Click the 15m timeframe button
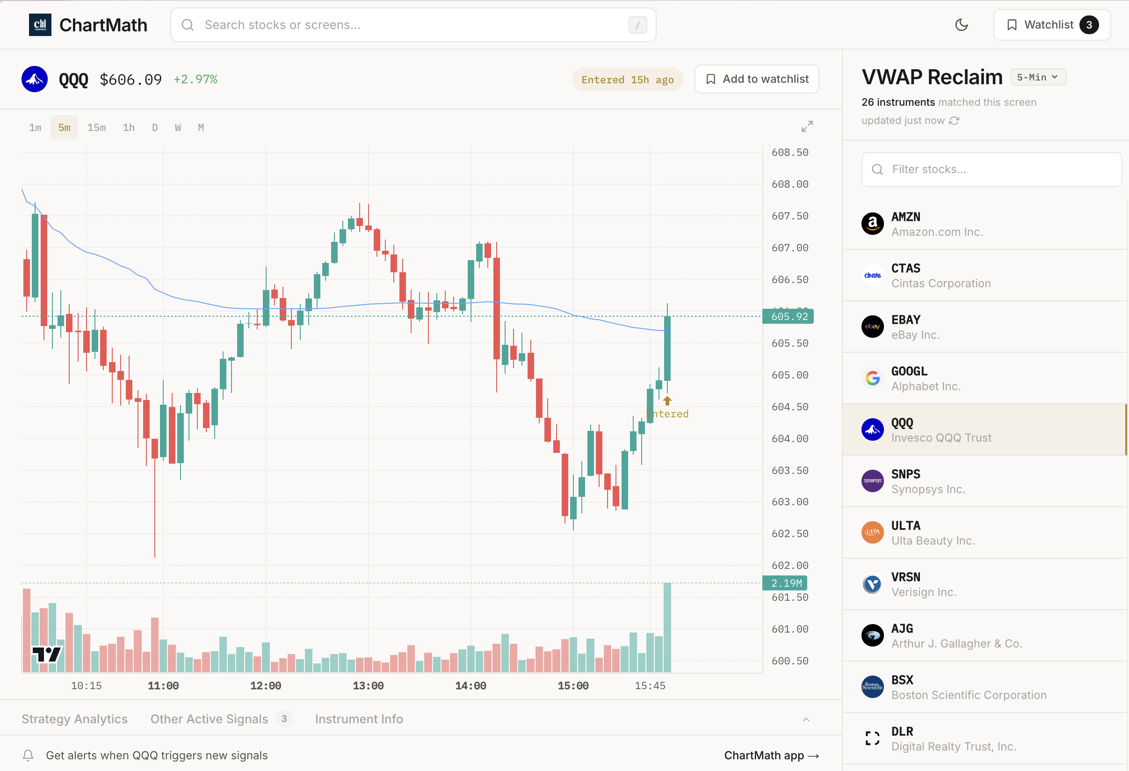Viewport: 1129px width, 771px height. [96, 128]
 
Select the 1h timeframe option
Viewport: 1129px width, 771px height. [129, 128]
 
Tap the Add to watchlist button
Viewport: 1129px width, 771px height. [756, 79]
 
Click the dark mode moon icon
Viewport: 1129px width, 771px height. [961, 25]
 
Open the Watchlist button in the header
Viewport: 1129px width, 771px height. [1051, 25]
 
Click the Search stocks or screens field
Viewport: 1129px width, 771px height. [413, 25]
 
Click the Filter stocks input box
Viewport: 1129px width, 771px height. [991, 169]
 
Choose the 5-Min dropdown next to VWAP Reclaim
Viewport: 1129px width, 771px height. [1038, 77]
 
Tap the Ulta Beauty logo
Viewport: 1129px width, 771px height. [872, 533]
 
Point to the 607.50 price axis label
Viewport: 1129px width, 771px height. [790, 216]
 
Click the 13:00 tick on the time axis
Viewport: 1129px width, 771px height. [368, 686]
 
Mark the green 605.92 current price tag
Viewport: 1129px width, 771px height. [789, 317]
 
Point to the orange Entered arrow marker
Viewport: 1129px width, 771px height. [667, 401]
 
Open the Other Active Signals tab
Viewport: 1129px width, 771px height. [210, 719]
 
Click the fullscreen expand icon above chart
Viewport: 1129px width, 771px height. [806, 127]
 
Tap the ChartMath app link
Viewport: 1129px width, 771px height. [771, 756]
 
